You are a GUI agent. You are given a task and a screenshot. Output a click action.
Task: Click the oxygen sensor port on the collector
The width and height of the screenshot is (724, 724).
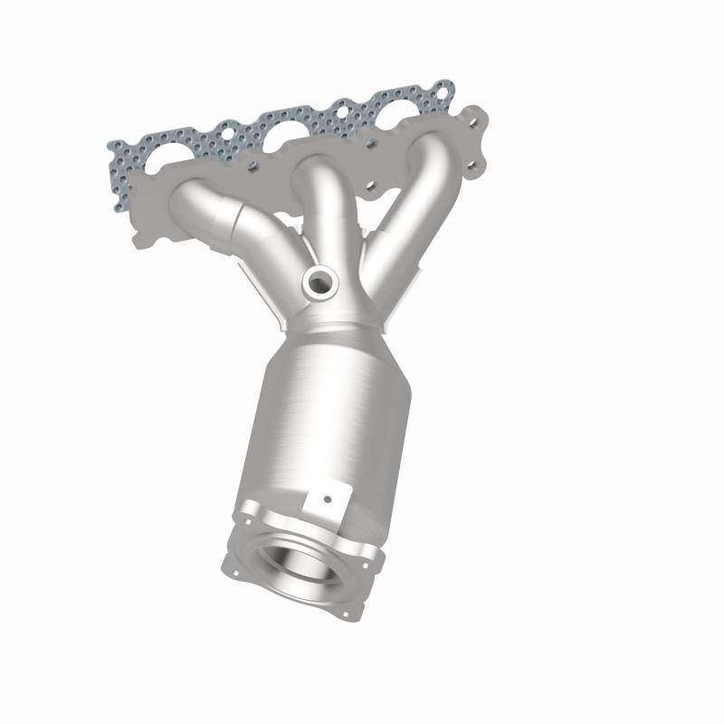(x=318, y=283)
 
